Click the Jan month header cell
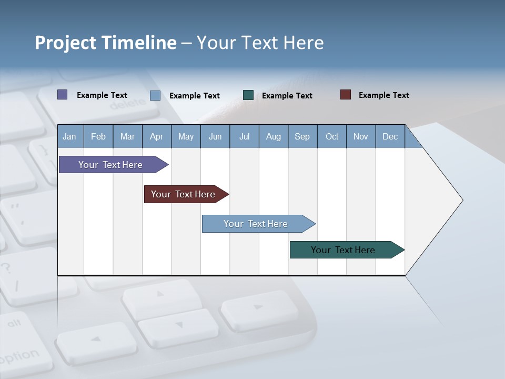(x=70, y=136)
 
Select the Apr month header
(x=157, y=136)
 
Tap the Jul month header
(x=244, y=136)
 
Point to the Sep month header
(x=302, y=136)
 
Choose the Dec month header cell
(x=390, y=136)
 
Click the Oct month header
(x=332, y=136)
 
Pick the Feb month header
(x=98, y=136)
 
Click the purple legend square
(x=63, y=95)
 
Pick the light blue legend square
(x=155, y=95)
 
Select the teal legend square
(x=248, y=95)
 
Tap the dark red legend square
(x=346, y=95)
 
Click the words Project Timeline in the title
(x=106, y=43)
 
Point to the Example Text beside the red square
(x=383, y=95)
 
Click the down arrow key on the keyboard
(x=179, y=326)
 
